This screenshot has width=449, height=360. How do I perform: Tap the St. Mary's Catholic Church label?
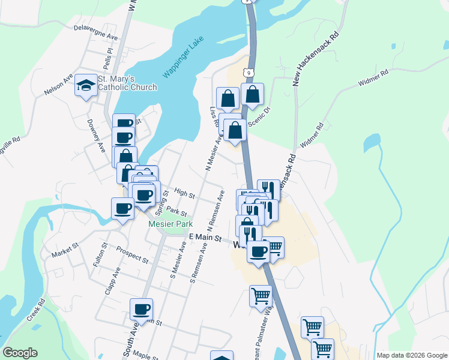[x=127, y=83]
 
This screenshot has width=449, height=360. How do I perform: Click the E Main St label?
[x=205, y=238]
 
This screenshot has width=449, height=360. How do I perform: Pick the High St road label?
[x=184, y=194]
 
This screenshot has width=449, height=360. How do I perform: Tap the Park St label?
[x=177, y=211]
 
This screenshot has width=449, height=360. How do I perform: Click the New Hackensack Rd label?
[x=316, y=58]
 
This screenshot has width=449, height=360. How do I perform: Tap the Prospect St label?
[x=132, y=255]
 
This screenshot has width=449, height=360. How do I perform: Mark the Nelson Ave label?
[x=58, y=85]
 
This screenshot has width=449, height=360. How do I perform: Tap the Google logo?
[x=20, y=353]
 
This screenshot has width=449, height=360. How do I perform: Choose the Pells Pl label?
[x=109, y=59]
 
